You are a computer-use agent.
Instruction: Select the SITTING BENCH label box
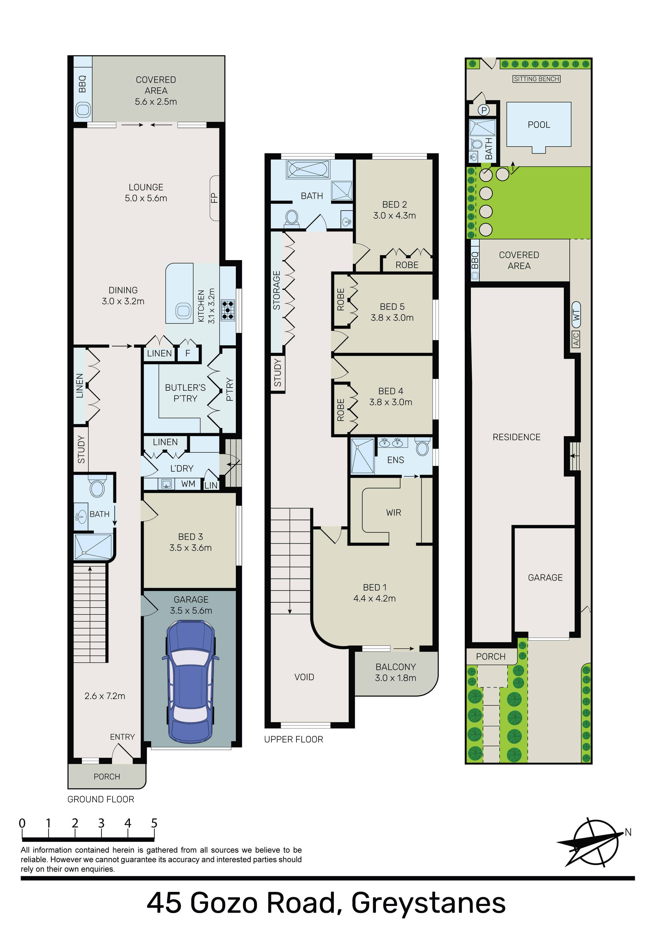(536, 79)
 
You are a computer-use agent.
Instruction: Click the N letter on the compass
(628, 832)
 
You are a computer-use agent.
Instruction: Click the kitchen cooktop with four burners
(228, 311)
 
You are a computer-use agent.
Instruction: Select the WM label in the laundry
(188, 484)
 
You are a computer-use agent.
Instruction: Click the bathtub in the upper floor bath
(308, 169)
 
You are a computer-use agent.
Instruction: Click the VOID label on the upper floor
(304, 677)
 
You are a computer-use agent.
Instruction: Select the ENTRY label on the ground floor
(122, 737)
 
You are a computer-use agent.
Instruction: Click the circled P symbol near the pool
(484, 110)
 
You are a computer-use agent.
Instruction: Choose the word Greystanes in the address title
(429, 904)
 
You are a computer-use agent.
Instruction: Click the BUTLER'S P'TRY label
(185, 393)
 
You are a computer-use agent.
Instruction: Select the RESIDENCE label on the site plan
(517, 437)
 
